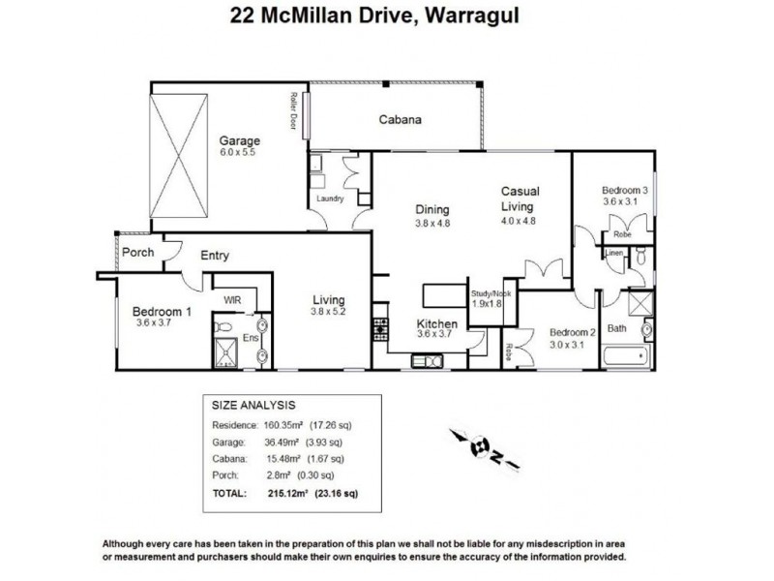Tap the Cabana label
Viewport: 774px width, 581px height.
click(x=399, y=121)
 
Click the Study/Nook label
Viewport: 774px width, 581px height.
click(x=490, y=292)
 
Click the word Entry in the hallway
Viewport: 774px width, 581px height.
click(x=214, y=256)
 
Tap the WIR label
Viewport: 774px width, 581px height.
click(x=232, y=301)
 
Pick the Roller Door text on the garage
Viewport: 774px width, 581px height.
click(x=292, y=109)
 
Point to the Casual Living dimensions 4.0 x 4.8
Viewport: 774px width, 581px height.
click(x=518, y=221)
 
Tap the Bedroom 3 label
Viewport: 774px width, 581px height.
click(x=624, y=190)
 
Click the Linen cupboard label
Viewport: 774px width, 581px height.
click(x=614, y=253)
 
